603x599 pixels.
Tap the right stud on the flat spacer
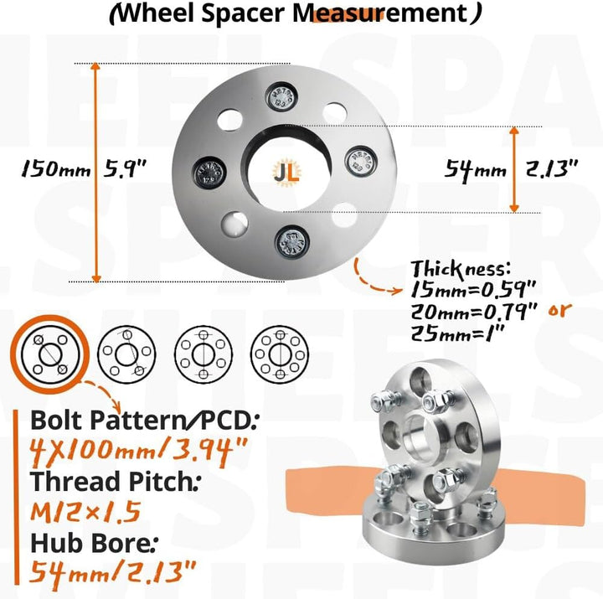[x=360, y=159]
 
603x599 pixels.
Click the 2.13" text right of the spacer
[x=554, y=169]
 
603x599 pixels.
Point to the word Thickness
[x=459, y=270]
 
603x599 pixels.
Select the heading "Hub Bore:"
[x=90, y=544]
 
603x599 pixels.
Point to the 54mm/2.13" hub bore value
[x=114, y=574]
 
